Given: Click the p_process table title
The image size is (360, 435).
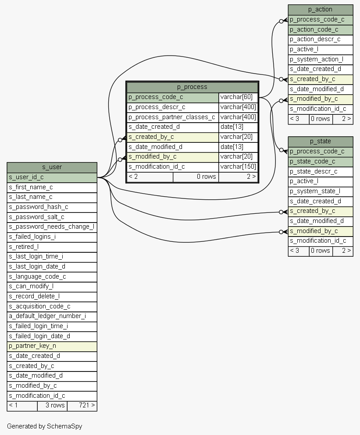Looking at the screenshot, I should pyautogui.click(x=192, y=87).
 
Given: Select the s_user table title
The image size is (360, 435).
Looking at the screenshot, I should pyautogui.click(x=52, y=167).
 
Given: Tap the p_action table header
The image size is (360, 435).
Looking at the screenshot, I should pyautogui.click(x=320, y=10).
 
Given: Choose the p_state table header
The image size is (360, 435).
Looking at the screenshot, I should pyautogui.click(x=320, y=141).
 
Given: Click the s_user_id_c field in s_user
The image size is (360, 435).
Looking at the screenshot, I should pyautogui.click(x=52, y=177).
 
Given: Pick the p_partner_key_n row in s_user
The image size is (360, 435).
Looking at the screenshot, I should pyautogui.click(x=52, y=346).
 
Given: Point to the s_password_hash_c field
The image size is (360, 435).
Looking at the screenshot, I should pyautogui.click(x=52, y=207).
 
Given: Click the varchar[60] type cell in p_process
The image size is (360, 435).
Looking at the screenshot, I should pyautogui.click(x=238, y=97).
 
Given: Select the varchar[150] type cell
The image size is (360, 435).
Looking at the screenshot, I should pyautogui.click(x=238, y=166).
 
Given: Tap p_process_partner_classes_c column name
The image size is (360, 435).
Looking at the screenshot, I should pyautogui.click(x=172, y=117).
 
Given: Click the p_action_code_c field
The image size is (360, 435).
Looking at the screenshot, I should pyautogui.click(x=320, y=29).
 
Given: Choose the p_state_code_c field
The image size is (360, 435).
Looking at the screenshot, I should pyautogui.click(x=320, y=161).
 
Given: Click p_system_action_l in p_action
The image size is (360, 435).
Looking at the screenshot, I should pyautogui.click(x=320, y=59).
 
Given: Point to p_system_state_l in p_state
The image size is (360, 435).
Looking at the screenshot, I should pyautogui.click(x=320, y=191).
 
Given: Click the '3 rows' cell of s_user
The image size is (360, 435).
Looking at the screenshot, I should pyautogui.click(x=52, y=406).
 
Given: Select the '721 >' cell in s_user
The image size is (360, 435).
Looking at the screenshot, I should pyautogui.click(x=82, y=406).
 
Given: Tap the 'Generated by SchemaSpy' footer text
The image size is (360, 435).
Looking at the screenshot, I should pyautogui.click(x=44, y=426).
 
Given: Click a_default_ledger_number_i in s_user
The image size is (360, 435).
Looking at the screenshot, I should pyautogui.click(x=52, y=316).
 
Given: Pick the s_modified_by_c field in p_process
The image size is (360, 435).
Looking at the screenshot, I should pyautogui.click(x=172, y=156).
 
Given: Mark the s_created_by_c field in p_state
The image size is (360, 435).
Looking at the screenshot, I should pyautogui.click(x=320, y=211).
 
